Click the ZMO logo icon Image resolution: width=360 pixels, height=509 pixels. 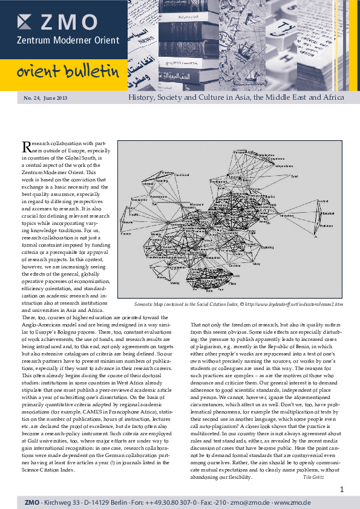click(25, 22)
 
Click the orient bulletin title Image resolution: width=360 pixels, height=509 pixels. click(67, 73)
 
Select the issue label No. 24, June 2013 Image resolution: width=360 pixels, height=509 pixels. click(45, 98)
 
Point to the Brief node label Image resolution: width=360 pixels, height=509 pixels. click(294, 177)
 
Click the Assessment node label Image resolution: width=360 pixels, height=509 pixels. click(158, 197)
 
